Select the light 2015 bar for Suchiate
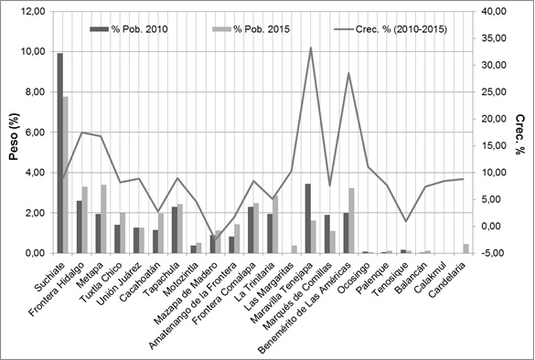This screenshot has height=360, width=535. point(66,175)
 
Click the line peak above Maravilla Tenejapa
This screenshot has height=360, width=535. point(310,48)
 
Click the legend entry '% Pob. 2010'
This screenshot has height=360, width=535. point(134,29)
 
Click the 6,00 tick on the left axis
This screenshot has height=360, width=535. point(34,132)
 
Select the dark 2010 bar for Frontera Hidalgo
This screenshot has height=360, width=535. point(80,227)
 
